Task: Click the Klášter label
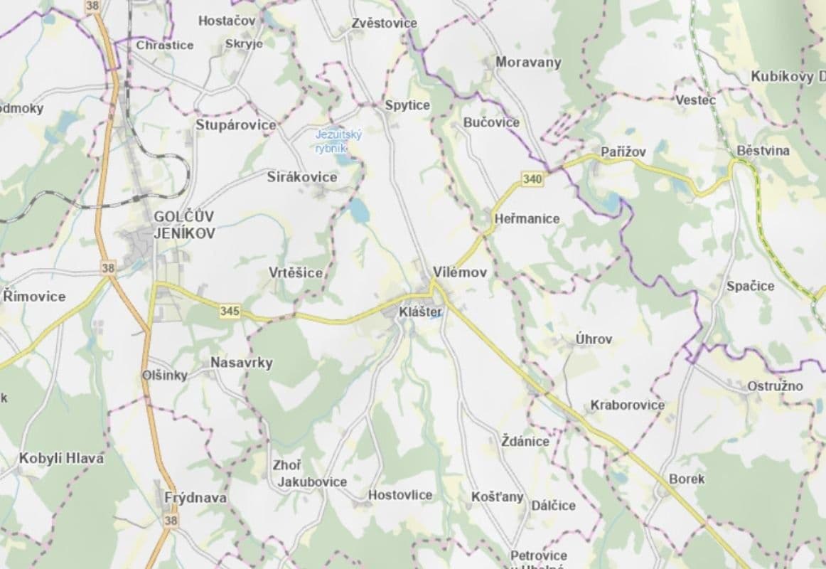tap(420, 312)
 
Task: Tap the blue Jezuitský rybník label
tap(339, 140)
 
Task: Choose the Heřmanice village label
tap(527, 219)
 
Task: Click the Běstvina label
tap(763, 151)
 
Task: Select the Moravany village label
tap(528, 62)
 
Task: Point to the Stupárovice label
tap(236, 125)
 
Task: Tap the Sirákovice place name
tap(302, 177)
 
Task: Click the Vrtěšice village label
tap(296, 272)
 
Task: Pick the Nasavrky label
tap(241, 363)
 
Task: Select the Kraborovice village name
tap(627, 405)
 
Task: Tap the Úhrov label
tap(594, 340)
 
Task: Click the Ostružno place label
tap(775, 386)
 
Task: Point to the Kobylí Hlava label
tap(61, 458)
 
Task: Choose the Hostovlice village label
tap(400, 494)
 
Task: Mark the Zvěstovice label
tap(384, 23)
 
